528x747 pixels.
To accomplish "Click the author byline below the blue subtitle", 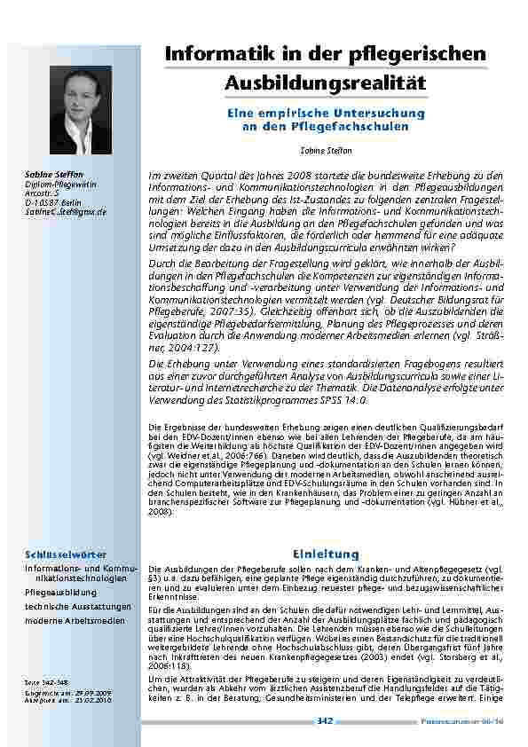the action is pos(326,152).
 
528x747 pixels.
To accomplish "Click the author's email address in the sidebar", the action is pos(66,212).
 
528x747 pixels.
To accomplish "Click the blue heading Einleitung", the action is pos(326,554).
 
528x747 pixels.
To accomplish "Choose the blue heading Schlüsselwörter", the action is pos(61,554).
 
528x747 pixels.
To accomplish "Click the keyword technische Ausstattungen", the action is pos(78,605).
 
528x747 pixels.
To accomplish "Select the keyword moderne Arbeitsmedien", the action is pos(74,619).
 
